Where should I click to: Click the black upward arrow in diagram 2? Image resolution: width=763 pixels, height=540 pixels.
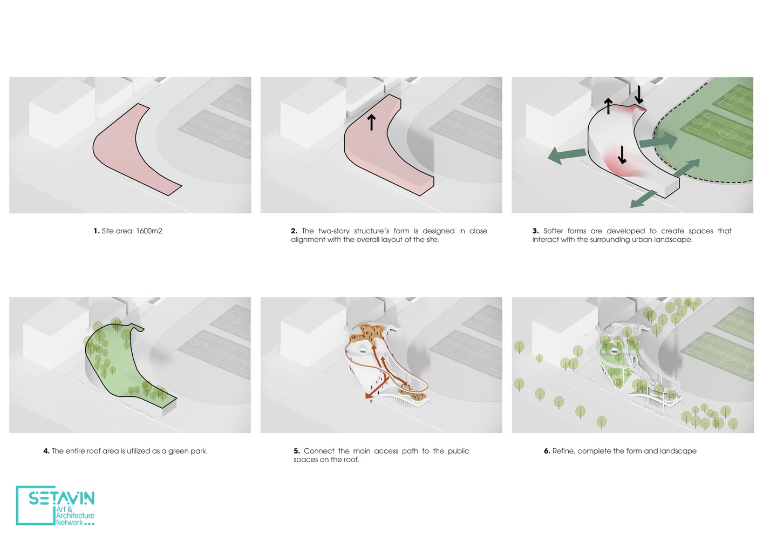[371, 123]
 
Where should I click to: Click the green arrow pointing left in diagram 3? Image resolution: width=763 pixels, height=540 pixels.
[567, 156]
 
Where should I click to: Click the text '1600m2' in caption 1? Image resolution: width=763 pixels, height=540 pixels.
[149, 231]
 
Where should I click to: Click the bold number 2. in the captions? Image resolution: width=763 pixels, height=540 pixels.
[294, 231]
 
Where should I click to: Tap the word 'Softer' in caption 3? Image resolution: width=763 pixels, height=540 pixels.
[553, 231]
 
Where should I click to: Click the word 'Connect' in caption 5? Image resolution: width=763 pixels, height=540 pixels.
[318, 451]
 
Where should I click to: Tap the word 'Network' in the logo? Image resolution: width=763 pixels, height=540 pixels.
[70, 522]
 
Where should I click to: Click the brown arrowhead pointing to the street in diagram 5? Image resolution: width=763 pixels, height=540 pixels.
[368, 395]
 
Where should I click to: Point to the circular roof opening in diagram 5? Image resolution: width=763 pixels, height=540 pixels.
[363, 350]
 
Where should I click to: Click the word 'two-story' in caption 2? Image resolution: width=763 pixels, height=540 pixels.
[334, 231]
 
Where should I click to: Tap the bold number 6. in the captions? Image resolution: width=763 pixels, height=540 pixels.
[547, 451]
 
